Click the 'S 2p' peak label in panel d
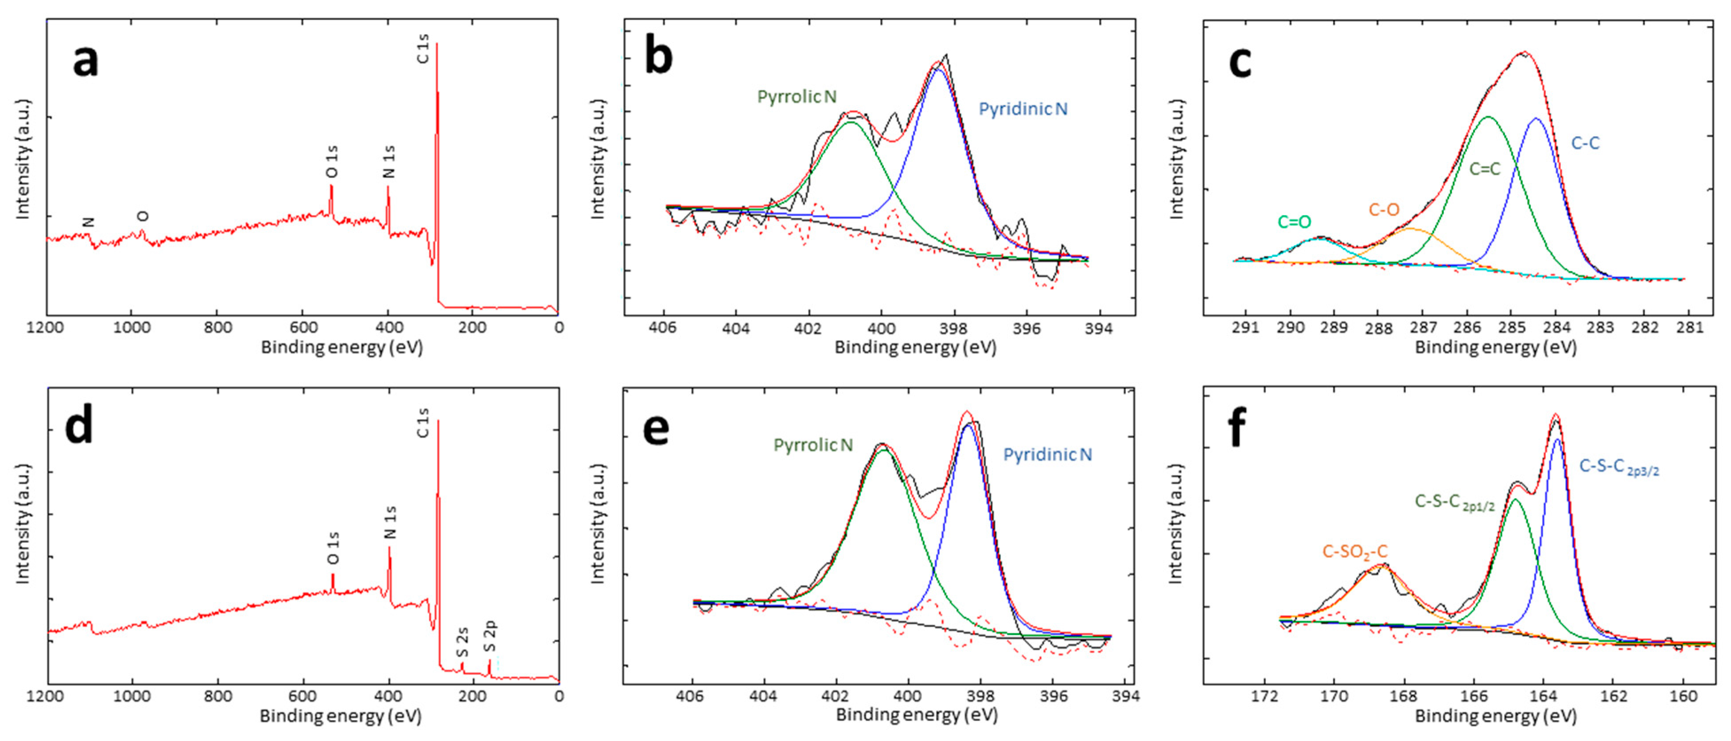click(490, 636)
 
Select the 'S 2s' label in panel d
click(462, 642)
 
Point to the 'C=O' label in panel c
click(1294, 222)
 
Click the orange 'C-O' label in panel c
click(1384, 210)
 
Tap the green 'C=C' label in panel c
click(1484, 169)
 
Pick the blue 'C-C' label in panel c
click(1585, 142)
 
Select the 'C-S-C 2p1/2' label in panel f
click(1454, 502)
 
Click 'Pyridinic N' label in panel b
click(1022, 109)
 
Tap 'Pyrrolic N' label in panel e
click(813, 445)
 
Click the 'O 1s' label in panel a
click(332, 161)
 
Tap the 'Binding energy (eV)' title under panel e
click(916, 715)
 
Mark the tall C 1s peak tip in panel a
click(437, 44)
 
